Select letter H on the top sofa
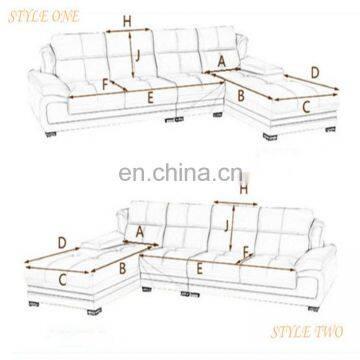(x=125, y=20)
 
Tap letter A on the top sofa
(x=220, y=63)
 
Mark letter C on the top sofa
(x=305, y=104)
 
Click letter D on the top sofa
(x=315, y=71)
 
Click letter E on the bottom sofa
(x=200, y=267)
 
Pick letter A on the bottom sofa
(x=139, y=233)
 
